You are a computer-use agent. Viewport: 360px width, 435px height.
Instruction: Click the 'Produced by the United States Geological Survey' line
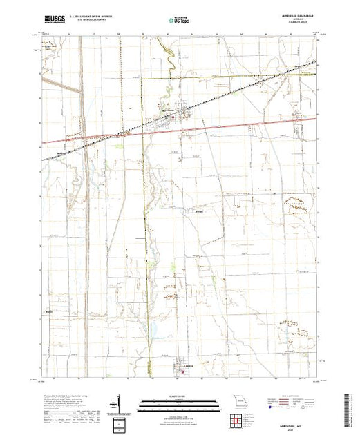coord(62,395)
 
